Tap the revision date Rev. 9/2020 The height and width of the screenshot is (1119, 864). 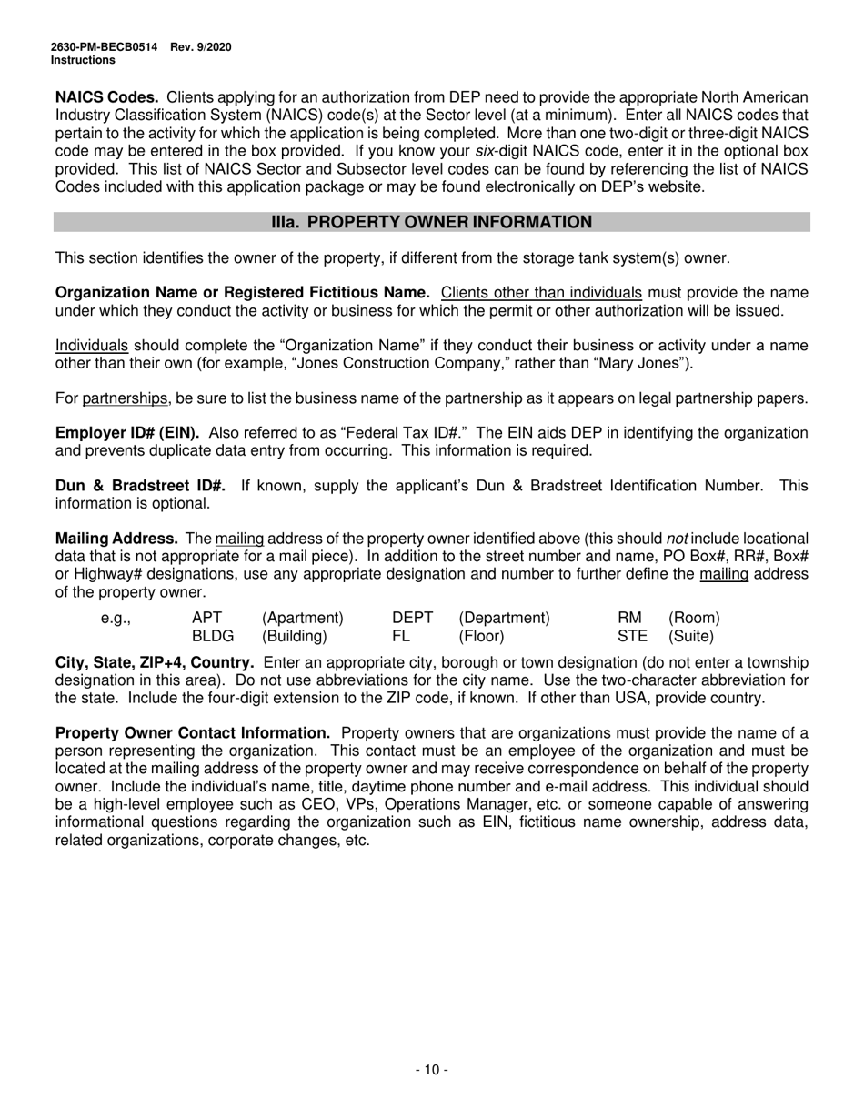coord(200,47)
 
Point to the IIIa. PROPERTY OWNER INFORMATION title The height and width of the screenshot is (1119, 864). coord(431,222)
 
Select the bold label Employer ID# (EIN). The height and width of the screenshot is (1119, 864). coord(128,433)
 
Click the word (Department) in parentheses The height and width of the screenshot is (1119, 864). coord(504,618)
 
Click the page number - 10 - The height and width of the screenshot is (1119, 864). coord(431,1070)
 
